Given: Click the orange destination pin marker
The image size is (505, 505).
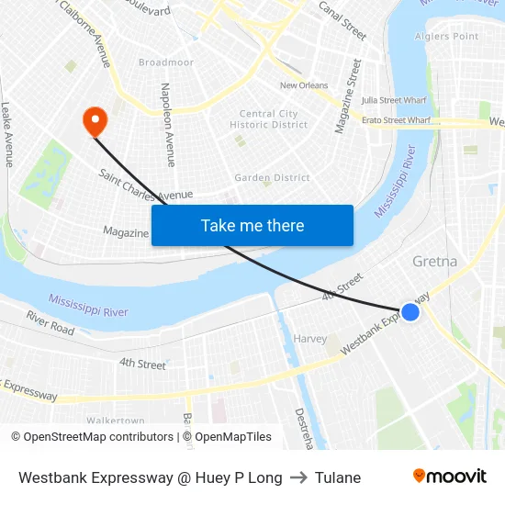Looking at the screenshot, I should tap(95, 120).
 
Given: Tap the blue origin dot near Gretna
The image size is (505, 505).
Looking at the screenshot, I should tap(410, 312).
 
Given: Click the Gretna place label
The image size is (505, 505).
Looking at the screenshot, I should tap(434, 262).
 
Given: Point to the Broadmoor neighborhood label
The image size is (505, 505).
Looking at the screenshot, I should tap(166, 62).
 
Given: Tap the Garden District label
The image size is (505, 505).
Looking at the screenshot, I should tap(272, 177).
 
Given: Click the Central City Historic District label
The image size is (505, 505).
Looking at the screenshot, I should tap(268, 119).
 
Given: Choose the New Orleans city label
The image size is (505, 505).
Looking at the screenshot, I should tap(304, 85).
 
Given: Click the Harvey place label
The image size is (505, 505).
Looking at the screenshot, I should tap(310, 339).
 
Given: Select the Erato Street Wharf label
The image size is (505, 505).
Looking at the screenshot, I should tap(396, 120).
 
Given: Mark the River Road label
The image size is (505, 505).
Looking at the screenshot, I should tap(50, 322).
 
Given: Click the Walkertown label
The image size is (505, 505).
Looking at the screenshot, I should tap(116, 420).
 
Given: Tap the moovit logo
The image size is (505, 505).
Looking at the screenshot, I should tap(449, 476).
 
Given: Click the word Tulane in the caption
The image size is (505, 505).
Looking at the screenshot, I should tap(337, 477).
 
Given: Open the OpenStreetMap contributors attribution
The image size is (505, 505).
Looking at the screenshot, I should tap(98, 437).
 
